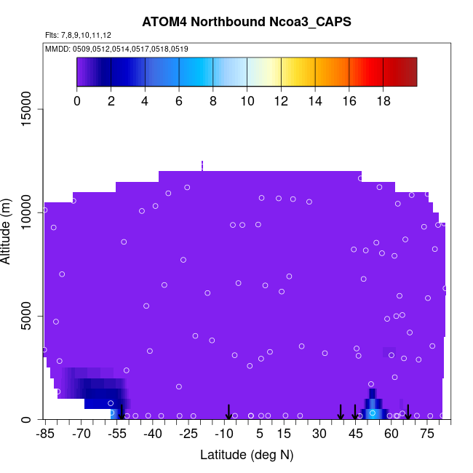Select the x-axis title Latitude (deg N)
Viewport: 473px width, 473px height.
pos(247,455)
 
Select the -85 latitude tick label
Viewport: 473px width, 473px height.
pos(45,434)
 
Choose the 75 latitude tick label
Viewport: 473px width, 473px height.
pos(427,434)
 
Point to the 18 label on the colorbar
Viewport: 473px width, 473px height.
pos(383,102)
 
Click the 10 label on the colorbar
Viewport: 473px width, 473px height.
pos(247,102)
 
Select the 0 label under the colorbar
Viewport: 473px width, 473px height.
pos(77,102)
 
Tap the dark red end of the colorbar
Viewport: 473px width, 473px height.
pos(408,72)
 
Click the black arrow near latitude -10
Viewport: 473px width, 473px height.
pos(228,412)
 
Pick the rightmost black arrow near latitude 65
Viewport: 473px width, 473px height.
pos(408,412)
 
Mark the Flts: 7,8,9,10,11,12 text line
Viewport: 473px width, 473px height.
pos(79,35)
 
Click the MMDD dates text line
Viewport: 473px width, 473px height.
pos(116,49)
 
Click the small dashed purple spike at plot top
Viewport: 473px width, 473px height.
pos(202,165)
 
